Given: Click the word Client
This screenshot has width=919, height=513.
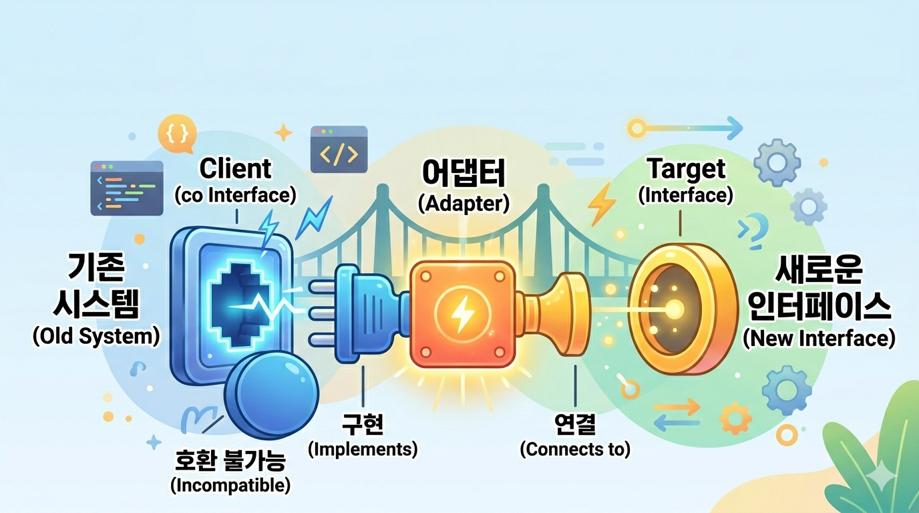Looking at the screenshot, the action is (x=235, y=169).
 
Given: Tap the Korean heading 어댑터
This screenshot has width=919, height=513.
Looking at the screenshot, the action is (x=464, y=173).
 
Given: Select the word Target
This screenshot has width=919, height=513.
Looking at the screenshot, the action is (x=687, y=170).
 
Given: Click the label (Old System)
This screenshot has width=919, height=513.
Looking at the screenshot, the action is (x=96, y=337).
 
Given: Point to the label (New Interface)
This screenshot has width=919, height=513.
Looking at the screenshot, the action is (x=819, y=339).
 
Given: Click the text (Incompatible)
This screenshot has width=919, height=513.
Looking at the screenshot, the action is (x=230, y=485).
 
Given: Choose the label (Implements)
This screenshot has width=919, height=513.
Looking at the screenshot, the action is (x=363, y=449).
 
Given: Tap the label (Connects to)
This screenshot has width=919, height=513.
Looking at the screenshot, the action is (x=575, y=450).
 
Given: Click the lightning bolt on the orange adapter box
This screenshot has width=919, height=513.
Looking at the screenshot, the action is (x=463, y=313).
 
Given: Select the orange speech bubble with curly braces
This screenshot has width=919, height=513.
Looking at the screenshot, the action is (x=177, y=134).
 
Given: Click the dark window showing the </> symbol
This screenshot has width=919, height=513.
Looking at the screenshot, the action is (x=339, y=150).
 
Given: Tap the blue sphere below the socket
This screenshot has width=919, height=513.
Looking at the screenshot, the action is (x=271, y=395).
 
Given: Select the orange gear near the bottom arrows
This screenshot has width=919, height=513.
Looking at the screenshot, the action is (x=735, y=419).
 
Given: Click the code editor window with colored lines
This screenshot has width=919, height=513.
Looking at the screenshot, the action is (x=127, y=188).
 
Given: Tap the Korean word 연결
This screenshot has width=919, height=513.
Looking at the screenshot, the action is (x=574, y=424).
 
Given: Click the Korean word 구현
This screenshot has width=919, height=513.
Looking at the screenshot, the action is (x=363, y=424).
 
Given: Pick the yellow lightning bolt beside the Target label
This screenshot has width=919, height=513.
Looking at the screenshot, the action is (x=602, y=204).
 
